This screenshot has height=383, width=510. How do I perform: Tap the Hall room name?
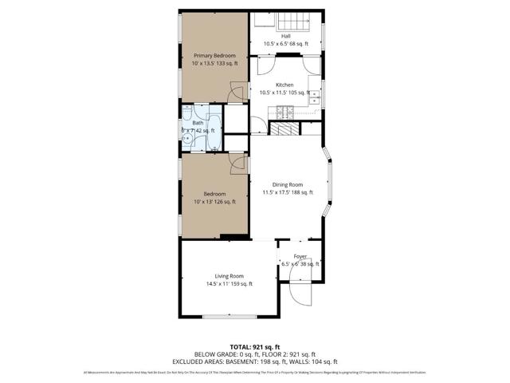pos(285,36)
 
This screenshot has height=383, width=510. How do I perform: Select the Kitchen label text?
pos(284,85)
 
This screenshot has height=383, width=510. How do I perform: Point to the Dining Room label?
pos(288,184)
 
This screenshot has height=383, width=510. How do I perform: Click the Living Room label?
pos(229,276)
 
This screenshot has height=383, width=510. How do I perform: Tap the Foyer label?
pos(300,256)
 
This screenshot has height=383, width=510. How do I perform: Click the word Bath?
pos(198,123)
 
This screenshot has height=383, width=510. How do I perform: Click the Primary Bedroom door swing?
pos(237,93)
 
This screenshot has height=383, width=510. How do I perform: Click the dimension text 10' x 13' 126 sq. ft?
pos(214,202)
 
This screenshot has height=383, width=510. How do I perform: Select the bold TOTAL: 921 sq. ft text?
pos(254,347)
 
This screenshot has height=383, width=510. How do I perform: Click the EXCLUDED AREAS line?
pos(254,361)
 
